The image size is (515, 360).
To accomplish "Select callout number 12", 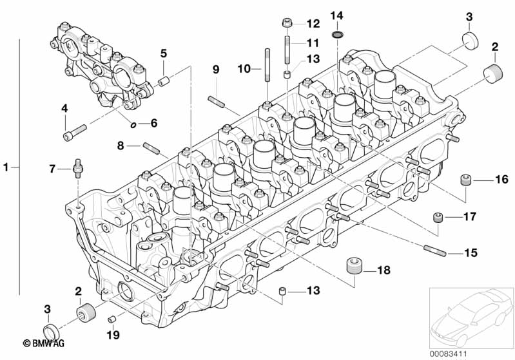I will (313, 24).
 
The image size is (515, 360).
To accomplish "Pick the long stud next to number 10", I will (265, 65).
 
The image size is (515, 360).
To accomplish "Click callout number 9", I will (216, 69).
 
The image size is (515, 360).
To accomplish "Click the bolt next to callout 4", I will (70, 135).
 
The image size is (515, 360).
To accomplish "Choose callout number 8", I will (121, 146).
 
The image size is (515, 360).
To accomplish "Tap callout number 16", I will (501, 180).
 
